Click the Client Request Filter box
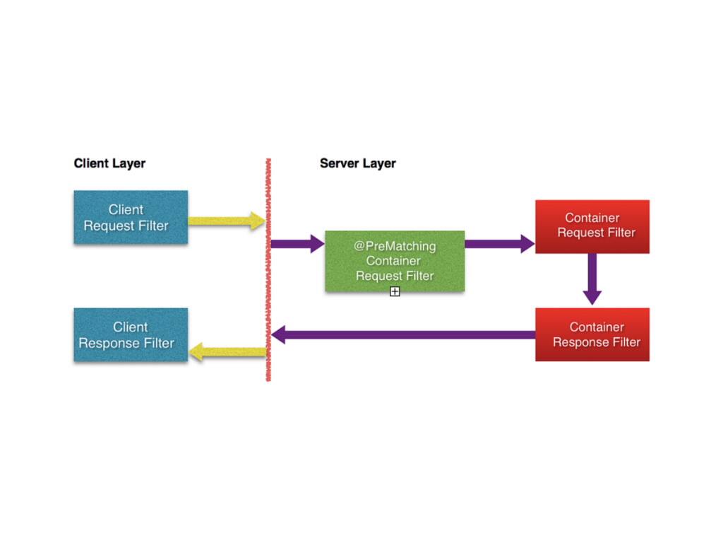click(x=131, y=217)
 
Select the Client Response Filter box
click(x=131, y=335)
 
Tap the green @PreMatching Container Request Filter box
click(x=395, y=261)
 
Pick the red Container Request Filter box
click(x=592, y=226)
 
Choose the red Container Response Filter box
click(x=592, y=334)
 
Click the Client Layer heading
click(x=109, y=163)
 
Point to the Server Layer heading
click(x=357, y=163)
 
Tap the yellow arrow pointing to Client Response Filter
click(x=227, y=351)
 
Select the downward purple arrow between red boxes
click(x=592, y=279)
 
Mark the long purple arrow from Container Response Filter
click(x=402, y=334)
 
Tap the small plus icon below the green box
click(x=395, y=291)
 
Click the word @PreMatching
click(x=395, y=246)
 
